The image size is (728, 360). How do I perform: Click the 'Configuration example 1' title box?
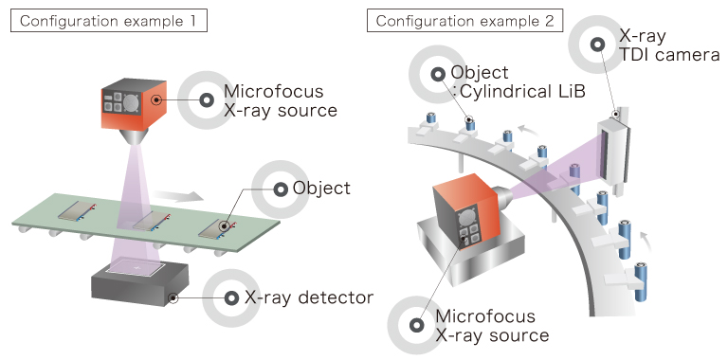109,22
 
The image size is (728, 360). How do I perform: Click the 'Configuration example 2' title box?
464,22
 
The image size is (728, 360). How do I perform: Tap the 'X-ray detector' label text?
309,297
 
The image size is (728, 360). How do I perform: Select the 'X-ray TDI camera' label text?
669,45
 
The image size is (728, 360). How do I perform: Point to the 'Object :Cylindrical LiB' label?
518,81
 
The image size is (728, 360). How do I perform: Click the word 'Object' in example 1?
321,189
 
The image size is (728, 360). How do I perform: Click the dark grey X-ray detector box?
140,281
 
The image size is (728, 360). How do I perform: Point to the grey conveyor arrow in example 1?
178,194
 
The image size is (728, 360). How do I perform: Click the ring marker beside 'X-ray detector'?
231,298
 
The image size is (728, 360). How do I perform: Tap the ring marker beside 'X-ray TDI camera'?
597,45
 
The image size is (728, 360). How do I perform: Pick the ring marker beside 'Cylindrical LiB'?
438,74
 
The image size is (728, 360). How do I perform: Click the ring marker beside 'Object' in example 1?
280,189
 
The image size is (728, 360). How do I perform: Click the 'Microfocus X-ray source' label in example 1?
281,100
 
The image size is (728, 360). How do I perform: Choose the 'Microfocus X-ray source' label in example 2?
492,325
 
